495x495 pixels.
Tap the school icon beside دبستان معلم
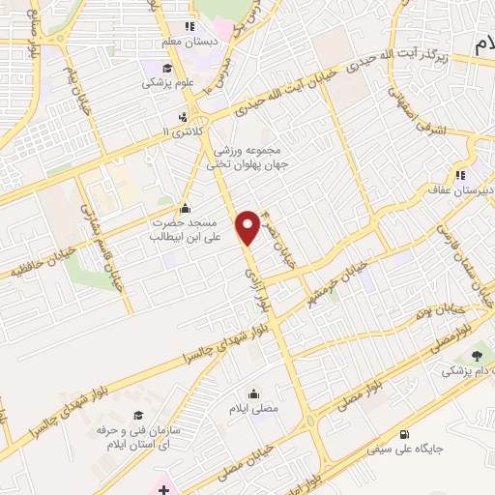click(189, 26)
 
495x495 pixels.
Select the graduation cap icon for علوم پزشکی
click(167, 68)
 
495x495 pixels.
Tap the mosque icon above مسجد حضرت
click(186, 209)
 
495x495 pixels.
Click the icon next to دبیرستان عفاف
click(460, 175)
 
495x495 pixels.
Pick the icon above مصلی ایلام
click(253, 393)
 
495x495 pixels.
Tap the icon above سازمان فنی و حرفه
click(137, 416)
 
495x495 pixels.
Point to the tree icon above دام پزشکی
click(475, 356)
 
